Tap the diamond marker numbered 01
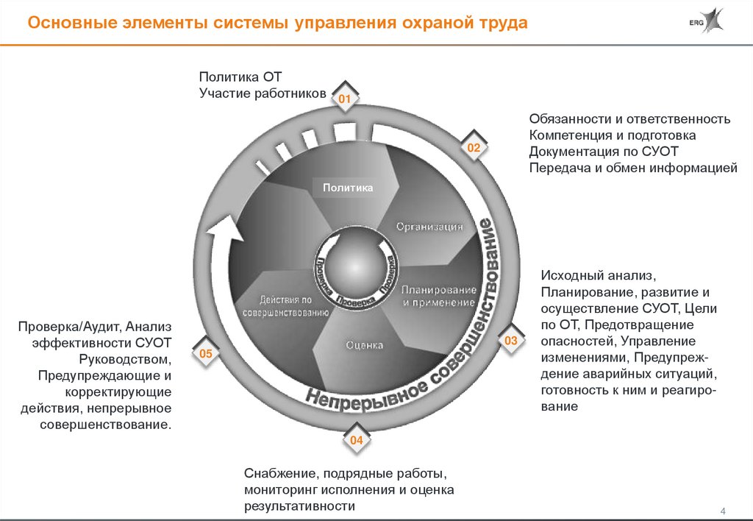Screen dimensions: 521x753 [346, 98]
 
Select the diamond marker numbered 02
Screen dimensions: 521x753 [474, 148]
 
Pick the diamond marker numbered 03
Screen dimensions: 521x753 [511, 340]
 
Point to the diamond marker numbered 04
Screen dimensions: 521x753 [356, 440]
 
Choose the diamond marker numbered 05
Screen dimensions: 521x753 [205, 355]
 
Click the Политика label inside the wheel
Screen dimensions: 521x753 [348, 188]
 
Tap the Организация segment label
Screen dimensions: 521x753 [429, 227]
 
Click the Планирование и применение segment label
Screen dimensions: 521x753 [439, 296]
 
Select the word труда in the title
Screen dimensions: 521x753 [501, 23]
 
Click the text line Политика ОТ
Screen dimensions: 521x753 [235, 77]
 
